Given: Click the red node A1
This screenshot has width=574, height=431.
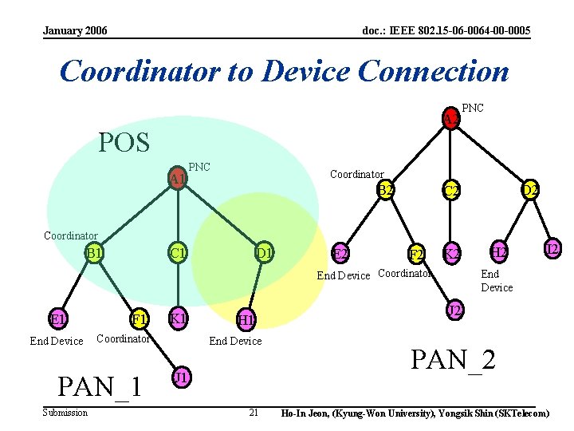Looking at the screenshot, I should pos(177,178).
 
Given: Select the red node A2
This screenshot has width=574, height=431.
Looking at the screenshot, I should pos(451,120).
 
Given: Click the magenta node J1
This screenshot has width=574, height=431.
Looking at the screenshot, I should pos(181,377).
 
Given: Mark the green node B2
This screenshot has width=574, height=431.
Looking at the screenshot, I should pos(386,190).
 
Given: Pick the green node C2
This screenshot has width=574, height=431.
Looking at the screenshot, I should pos(451,190).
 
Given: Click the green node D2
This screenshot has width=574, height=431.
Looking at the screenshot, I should pos(530,190).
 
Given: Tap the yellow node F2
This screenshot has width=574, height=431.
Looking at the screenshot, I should pos(415,255).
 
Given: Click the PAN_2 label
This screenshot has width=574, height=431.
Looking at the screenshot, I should pos(453,359).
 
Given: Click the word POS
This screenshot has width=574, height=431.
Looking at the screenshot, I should pos(124,143).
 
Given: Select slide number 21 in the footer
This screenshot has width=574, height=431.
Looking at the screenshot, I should pos(254,413).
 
